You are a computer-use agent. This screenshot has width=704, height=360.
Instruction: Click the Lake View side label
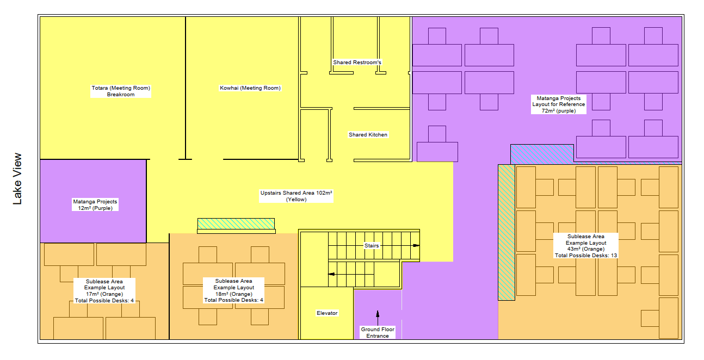[17, 179]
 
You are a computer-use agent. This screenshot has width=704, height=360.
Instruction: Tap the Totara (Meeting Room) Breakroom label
[121, 91]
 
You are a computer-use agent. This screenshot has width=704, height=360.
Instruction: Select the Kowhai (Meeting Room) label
[250, 88]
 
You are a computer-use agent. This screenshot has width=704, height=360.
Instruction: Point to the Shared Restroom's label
[357, 62]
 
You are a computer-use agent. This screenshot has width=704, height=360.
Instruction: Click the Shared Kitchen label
[368, 134]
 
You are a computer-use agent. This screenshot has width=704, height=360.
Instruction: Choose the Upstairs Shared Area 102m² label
[296, 196]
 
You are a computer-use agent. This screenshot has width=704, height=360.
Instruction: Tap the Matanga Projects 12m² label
[95, 205]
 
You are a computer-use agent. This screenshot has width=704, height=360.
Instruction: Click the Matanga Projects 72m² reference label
[559, 104]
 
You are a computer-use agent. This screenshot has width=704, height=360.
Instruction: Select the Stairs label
[372, 246]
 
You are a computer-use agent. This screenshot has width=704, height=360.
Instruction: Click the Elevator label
[327, 313]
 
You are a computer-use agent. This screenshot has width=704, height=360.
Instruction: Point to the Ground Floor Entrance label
[378, 332]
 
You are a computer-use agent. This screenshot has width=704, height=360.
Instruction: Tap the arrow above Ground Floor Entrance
[378, 318]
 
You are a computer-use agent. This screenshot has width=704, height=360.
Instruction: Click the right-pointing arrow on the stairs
[416, 245]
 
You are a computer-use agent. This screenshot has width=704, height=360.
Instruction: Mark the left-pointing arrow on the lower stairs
[331, 274]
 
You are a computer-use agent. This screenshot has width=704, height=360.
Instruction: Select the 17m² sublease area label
[104, 291]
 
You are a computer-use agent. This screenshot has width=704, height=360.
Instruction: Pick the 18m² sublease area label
[233, 290]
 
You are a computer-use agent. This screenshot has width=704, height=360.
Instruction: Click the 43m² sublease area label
[586, 246]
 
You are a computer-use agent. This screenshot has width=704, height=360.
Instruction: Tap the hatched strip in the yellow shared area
[236, 224]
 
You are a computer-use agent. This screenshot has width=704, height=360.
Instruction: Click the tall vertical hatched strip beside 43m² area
[507, 232]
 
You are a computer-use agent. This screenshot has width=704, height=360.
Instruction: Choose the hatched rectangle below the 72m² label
[542, 154]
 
